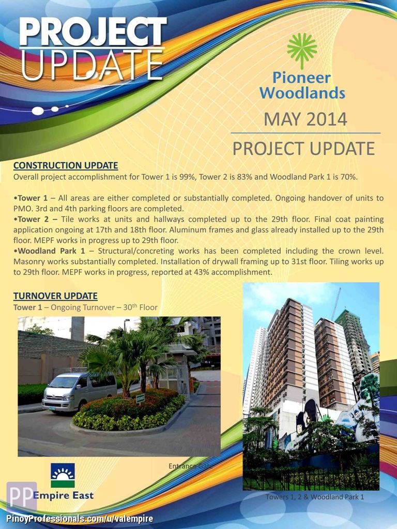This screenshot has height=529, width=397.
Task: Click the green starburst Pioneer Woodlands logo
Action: coord(302,51)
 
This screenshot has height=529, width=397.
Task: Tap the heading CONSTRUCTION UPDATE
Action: coord(66,166)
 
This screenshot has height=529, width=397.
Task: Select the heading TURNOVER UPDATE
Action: coord(55,296)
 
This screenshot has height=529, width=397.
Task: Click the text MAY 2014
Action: coord(305,119)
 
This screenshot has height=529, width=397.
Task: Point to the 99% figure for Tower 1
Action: coord(188,177)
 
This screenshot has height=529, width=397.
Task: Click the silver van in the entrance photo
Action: coord(79,392)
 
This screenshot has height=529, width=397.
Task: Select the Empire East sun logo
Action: coord(63,475)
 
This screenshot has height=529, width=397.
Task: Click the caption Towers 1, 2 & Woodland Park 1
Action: coord(315,497)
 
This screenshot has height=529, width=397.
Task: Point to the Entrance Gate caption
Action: coord(191,466)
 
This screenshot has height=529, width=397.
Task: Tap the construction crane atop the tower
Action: coord(336,303)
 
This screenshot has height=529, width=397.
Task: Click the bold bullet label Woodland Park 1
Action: coord(51,251)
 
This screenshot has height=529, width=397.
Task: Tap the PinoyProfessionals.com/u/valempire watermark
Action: coord(80,519)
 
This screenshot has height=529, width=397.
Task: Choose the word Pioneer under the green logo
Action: coord(301,78)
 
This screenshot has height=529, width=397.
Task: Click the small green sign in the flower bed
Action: coord(140,398)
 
